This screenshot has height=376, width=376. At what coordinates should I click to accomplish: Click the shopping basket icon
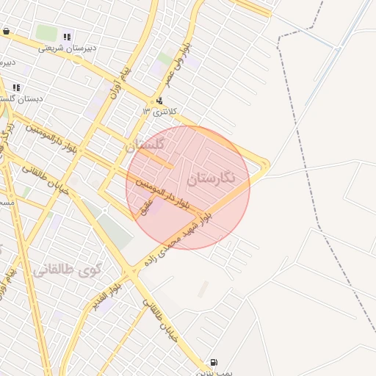coord(7,32)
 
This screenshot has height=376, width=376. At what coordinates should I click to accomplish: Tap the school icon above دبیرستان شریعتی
coord(67,37)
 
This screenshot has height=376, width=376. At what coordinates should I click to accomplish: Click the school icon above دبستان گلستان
coord(16,87)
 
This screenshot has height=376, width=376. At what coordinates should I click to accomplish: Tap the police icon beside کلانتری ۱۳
coord(159,101)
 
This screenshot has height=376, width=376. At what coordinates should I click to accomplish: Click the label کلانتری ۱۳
coord(156,111)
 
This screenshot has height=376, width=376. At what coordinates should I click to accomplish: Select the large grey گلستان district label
coord(146,145)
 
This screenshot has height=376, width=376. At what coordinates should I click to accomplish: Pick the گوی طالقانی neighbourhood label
coord(66,270)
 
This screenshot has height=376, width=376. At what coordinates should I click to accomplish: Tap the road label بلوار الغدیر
coord(107,297)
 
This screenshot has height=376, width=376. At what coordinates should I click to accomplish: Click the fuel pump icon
coord(214,362)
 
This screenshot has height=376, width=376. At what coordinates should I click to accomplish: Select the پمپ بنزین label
coord(213,372)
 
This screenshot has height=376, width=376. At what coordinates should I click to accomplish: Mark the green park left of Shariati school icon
coord(46,33)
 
